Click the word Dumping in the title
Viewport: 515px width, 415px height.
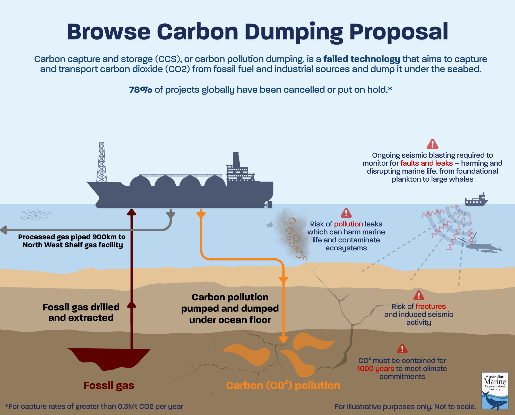[294, 32]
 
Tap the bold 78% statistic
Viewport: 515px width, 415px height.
[140, 90]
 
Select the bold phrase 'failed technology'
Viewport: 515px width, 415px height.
[362, 59]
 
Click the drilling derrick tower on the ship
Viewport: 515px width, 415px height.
[102, 162]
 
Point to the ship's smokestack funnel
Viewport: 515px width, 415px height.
[236, 159]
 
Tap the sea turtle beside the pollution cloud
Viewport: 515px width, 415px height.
[270, 225]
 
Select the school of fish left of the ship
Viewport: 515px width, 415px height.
[36, 215]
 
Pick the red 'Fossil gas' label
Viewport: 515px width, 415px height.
[109, 385]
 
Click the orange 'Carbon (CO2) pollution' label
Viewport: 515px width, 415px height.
[283, 385]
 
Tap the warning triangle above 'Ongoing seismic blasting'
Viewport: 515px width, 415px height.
[432, 144]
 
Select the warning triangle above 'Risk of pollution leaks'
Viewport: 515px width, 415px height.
[346, 213]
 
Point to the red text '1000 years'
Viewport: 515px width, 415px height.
[376, 369]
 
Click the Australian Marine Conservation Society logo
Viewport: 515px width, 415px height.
[495, 391]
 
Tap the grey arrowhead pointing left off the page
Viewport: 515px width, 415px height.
[4, 230]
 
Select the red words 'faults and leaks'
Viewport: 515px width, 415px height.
[426, 163]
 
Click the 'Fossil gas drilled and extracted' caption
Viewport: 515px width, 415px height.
[81, 312]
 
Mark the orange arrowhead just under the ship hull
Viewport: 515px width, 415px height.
[201, 214]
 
